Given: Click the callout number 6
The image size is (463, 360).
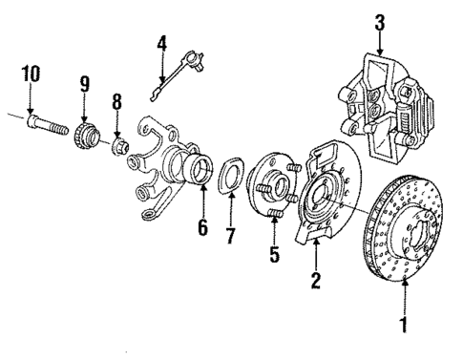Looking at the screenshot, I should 201,227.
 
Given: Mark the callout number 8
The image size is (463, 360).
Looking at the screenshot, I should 117,102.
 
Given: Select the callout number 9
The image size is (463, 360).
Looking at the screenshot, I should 85,86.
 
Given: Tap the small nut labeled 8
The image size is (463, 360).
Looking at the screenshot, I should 118,146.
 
